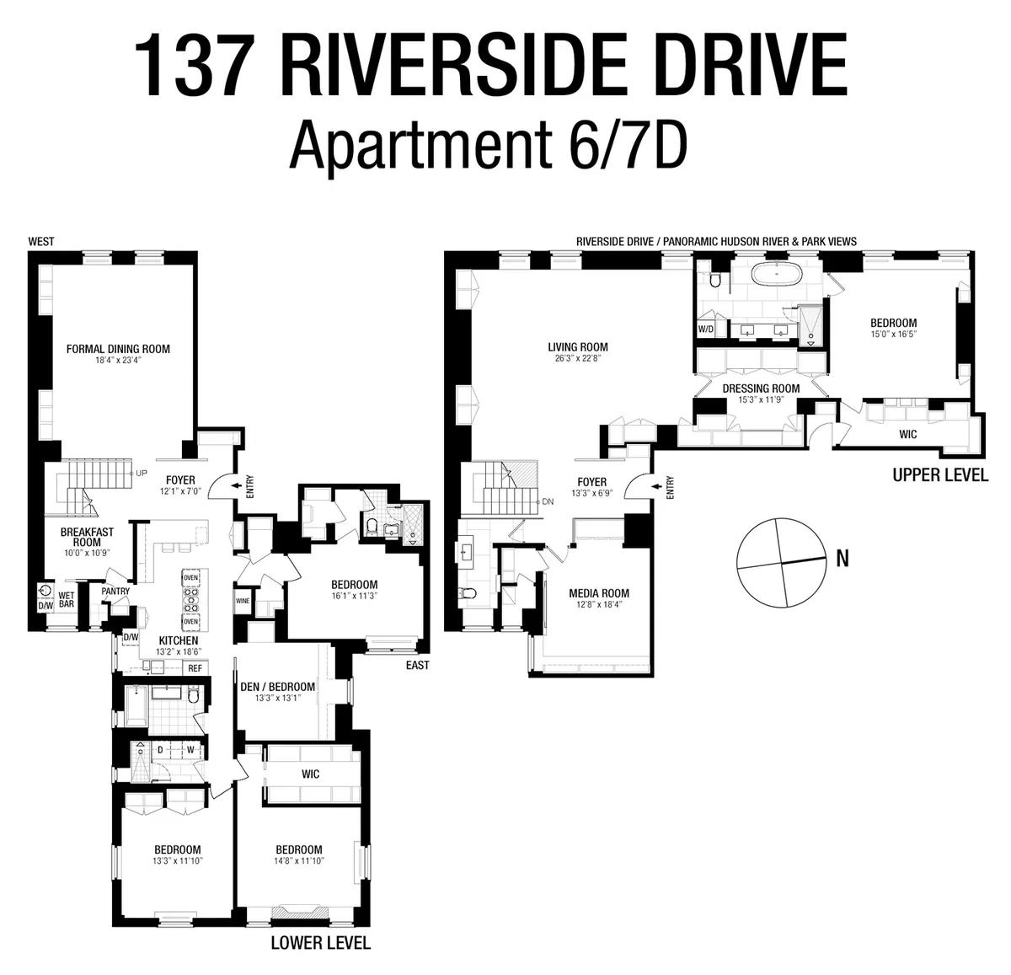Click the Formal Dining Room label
(x=118, y=349)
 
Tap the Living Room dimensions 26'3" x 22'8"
(x=577, y=357)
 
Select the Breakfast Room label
(x=86, y=538)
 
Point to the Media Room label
(x=599, y=593)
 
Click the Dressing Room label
(x=761, y=388)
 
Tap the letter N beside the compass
(x=842, y=558)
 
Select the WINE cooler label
(x=243, y=601)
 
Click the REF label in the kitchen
(x=195, y=668)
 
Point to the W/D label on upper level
(x=705, y=329)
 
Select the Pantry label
(x=115, y=592)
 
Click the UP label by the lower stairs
(x=142, y=474)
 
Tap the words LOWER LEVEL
(x=320, y=942)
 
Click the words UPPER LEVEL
(x=939, y=475)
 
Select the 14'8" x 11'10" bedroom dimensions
(x=299, y=861)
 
